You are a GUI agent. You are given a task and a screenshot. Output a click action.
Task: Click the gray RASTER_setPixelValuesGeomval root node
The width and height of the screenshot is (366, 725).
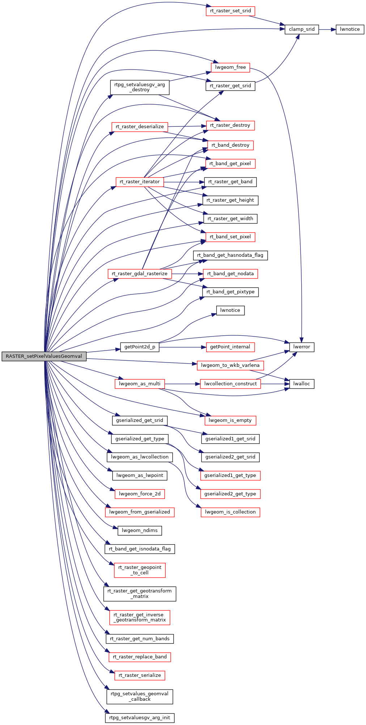click(x=44, y=356)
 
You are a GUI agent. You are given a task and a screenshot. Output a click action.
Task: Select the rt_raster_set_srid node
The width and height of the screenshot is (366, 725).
click(x=230, y=11)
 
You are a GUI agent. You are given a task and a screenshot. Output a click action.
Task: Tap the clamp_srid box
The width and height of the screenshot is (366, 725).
click(x=302, y=29)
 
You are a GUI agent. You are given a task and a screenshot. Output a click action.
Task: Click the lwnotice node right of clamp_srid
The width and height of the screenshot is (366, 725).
click(x=350, y=29)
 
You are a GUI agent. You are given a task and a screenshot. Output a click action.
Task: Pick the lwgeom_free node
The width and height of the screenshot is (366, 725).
click(x=230, y=67)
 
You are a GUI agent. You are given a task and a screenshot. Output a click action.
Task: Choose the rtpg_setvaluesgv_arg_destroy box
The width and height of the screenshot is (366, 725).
click(x=139, y=87)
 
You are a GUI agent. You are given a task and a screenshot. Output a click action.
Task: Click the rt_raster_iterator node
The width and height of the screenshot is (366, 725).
click(x=140, y=182)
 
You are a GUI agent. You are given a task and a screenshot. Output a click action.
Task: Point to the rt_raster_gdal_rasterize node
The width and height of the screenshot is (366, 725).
click(x=140, y=274)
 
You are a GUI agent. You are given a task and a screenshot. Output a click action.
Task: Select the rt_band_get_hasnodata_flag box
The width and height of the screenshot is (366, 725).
click(x=230, y=255)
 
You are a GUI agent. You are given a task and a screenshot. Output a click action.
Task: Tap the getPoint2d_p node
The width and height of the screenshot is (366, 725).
click(x=140, y=347)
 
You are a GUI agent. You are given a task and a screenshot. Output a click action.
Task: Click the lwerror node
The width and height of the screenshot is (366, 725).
click(x=302, y=347)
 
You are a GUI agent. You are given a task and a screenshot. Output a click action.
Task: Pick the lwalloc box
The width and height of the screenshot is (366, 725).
click(x=302, y=384)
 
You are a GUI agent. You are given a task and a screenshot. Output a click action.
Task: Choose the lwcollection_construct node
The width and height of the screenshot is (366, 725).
click(x=230, y=384)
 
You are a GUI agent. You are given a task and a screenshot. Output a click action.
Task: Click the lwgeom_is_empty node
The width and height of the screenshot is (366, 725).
click(x=230, y=420)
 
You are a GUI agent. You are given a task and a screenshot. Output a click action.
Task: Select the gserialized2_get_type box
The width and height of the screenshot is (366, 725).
click(x=230, y=494)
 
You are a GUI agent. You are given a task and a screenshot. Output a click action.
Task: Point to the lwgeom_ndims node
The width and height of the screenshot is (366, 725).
click(x=140, y=531)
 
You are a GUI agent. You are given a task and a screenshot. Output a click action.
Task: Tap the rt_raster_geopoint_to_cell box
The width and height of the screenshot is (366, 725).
click(x=140, y=570)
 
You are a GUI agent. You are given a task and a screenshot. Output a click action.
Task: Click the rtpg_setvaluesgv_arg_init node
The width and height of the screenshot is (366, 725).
click(x=140, y=718)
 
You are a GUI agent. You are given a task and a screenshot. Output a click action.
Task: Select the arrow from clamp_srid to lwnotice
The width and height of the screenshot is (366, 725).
click(x=327, y=29)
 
